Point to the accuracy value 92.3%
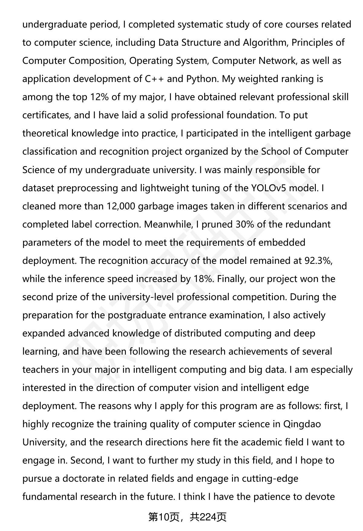pos(318,261)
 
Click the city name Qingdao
pos(302,424)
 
